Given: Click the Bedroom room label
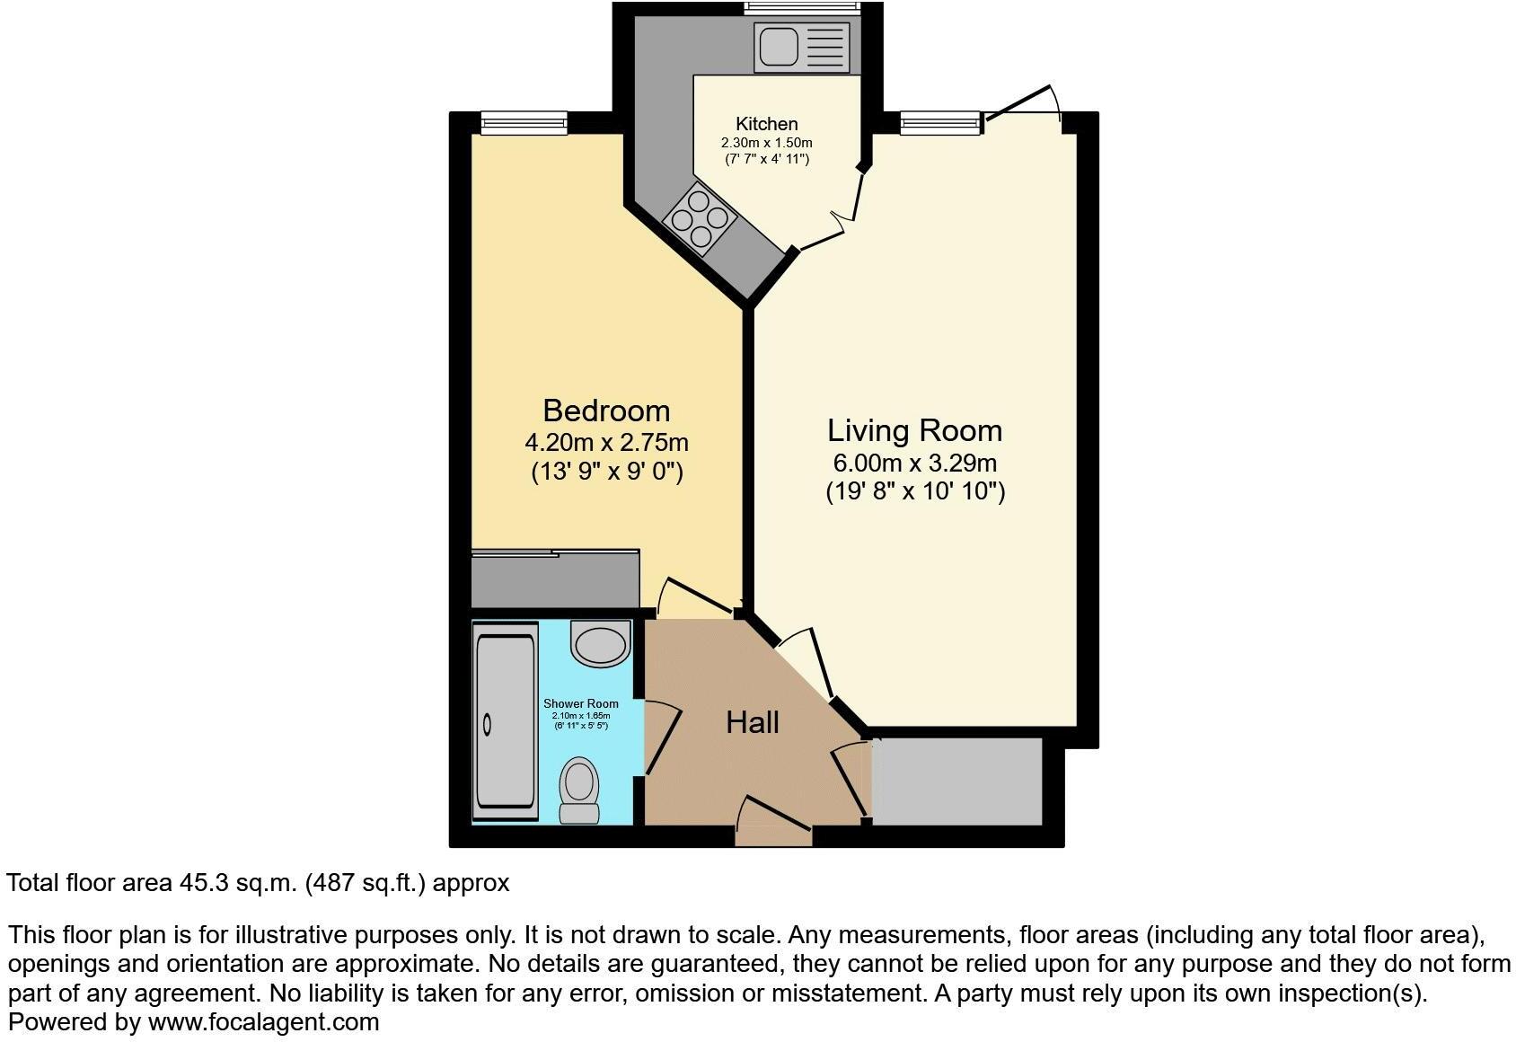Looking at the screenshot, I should coord(606,411).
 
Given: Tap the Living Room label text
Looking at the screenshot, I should coord(914,430).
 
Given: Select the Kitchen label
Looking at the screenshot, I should coord(766,124).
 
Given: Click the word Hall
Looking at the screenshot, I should coord(752,722).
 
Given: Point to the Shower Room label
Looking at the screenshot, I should coord(580,703).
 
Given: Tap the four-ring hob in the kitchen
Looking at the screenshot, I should coord(700,216).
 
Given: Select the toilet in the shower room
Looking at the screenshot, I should coord(579,789).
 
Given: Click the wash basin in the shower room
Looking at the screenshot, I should coord(601,643).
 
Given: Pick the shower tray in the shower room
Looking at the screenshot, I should coord(505,723).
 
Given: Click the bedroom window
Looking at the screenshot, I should coord(524,123).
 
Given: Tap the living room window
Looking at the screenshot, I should coord(939,123).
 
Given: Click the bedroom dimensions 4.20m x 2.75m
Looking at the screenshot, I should coord(606,443).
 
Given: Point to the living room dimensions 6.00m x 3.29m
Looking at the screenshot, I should coord(914,464).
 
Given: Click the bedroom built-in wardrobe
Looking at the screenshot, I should coord(555,579).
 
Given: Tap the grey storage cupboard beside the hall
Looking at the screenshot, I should coord(956,781).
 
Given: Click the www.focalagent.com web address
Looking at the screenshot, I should coord(263,1021).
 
